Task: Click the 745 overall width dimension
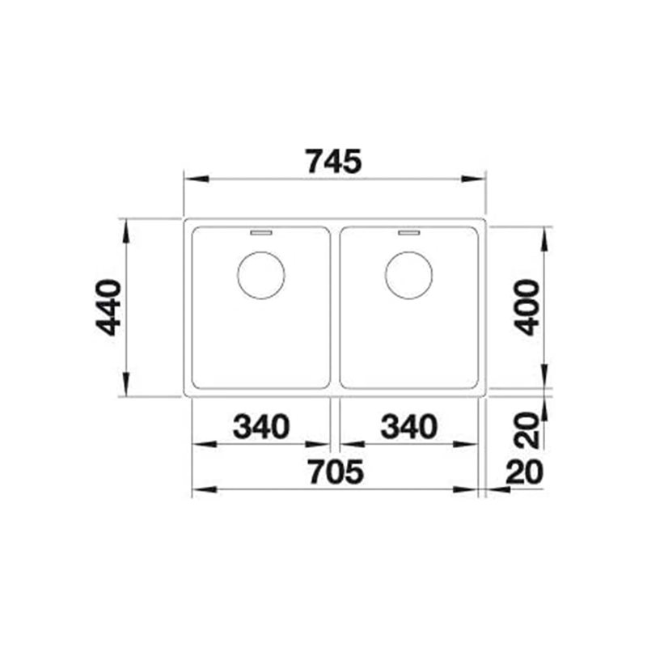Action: point(334,161)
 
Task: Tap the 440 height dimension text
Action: point(108,307)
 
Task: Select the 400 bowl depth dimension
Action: point(527,307)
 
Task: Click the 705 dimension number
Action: point(336,472)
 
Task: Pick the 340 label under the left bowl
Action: point(261,426)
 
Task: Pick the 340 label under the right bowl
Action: point(409,426)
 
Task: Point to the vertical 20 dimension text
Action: point(527,430)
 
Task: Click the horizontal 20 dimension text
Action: point(524,472)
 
